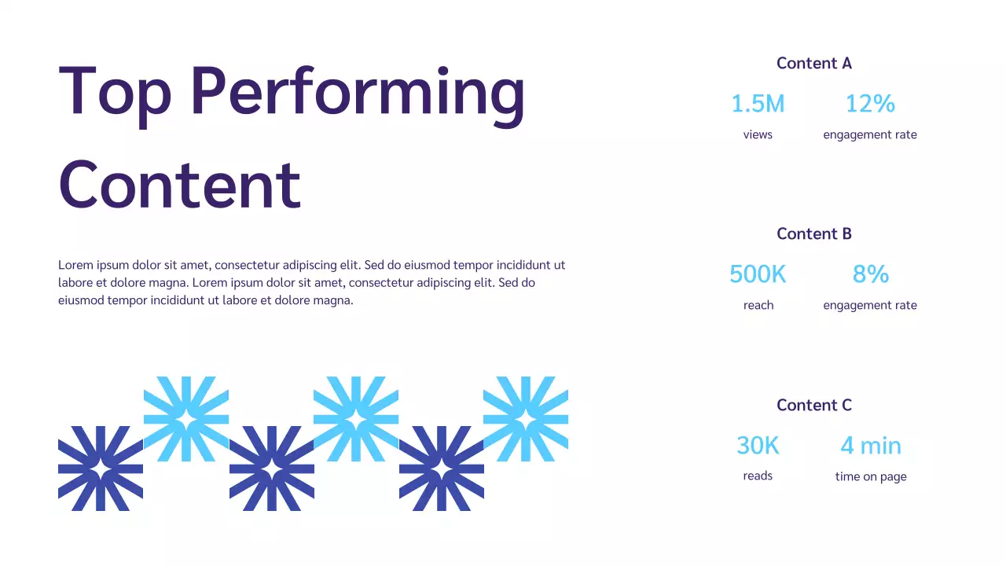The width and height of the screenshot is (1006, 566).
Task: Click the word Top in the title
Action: coord(115,92)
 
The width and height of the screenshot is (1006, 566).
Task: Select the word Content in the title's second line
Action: coord(179,184)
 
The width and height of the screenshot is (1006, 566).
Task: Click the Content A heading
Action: coord(813,63)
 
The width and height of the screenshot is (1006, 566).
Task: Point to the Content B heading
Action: coord(813,233)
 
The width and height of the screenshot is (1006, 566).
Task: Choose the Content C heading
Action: coord(813,405)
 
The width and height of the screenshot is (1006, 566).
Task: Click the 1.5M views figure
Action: coord(758,104)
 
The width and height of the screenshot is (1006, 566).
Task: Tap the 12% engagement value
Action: coord(870,104)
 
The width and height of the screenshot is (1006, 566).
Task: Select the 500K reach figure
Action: coord(758,274)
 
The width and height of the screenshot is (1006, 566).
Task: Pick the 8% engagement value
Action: coord(870,274)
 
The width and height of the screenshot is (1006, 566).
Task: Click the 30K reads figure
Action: coord(758,446)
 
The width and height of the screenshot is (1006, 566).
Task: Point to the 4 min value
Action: coord(870,446)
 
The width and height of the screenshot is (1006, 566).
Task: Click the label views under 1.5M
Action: coord(758,134)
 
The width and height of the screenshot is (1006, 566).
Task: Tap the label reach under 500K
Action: coord(758,305)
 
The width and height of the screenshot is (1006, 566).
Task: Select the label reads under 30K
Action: coord(758,476)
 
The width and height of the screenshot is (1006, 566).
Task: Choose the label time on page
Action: coord(870,476)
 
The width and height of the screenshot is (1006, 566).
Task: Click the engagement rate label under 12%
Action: coord(870,134)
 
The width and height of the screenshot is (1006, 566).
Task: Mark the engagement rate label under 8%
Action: coord(870,305)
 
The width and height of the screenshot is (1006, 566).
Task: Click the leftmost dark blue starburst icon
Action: coord(101,469)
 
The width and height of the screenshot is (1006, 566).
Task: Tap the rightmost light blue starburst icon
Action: coord(526,419)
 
